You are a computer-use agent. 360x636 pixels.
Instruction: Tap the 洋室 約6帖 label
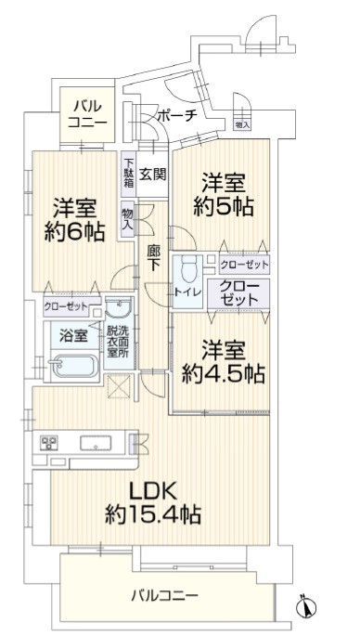[74, 221]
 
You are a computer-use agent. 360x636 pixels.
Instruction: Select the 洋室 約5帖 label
[224, 196]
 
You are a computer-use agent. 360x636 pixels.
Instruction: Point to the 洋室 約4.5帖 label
[224, 362]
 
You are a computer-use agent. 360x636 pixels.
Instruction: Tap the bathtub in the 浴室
[72, 366]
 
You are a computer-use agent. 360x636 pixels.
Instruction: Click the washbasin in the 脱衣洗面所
[119, 308]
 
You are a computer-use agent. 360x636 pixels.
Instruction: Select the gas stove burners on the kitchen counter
[48, 443]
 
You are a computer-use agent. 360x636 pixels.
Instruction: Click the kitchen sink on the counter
[96, 443]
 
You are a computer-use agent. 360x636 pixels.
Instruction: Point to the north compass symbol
[306, 606]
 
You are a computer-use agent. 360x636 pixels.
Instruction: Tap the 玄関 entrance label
[152, 175]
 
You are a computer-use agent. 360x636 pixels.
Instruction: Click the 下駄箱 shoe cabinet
[128, 174]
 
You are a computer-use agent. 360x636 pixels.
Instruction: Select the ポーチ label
[177, 115]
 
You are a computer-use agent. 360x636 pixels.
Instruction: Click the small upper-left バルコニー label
[87, 114]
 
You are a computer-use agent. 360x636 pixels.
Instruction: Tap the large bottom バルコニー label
[164, 595]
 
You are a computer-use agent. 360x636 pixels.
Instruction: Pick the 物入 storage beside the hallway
[127, 220]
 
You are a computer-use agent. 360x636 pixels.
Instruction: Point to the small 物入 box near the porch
[242, 125]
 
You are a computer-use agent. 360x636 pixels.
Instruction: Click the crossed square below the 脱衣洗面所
[120, 386]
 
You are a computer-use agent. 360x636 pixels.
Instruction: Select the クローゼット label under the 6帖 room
[66, 306]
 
